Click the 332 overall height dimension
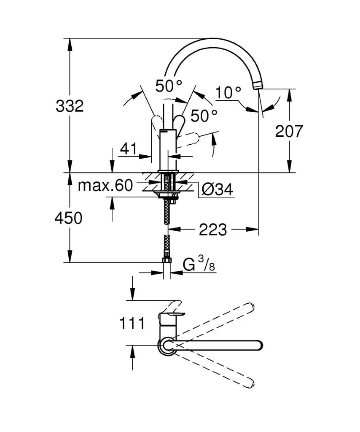tap(70, 106)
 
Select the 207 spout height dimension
tap(289, 132)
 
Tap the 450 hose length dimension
tap(68, 218)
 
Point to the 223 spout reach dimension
tap(212, 230)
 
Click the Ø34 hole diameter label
tap(217, 190)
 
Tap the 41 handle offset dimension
tap(129, 149)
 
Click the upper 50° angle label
tap(168, 86)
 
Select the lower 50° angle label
tap(204, 115)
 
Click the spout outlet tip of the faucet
tap(258, 85)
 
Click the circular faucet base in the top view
tap(165, 345)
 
